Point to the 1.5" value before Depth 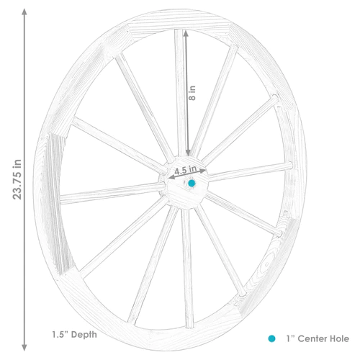coord(61,334)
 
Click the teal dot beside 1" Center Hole coord(271,337)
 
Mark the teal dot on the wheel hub coord(192,184)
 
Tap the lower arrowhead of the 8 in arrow coord(188,153)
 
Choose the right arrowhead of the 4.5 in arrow coord(205,171)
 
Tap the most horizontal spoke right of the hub coord(248,171)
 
